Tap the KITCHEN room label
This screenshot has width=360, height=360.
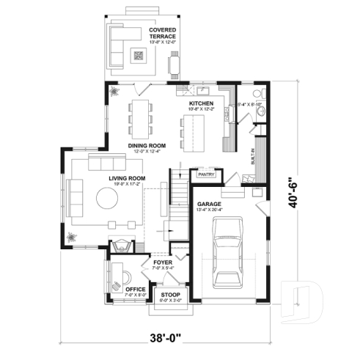click(x=201, y=104)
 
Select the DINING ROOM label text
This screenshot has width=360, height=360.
click(x=147, y=146)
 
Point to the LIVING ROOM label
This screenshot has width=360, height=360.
click(x=127, y=178)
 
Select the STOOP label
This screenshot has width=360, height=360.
click(x=170, y=295)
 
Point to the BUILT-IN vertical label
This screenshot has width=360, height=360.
click(x=254, y=161)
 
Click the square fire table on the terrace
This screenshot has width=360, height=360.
click(x=139, y=55)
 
